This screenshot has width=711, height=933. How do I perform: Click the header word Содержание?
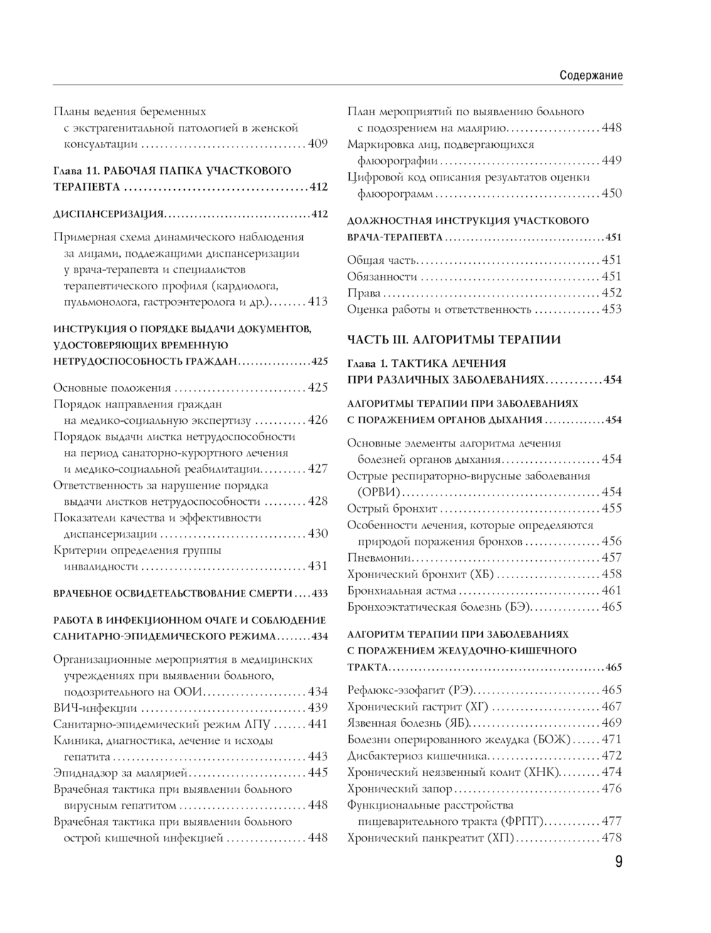tap(591, 75)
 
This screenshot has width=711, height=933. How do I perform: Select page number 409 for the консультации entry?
tap(318, 144)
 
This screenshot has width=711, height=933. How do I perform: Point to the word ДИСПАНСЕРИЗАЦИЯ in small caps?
tap(108, 215)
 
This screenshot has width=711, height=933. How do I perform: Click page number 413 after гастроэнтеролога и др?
tap(318, 302)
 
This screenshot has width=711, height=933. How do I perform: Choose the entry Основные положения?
tap(112, 388)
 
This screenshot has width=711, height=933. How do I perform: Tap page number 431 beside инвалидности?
tap(318, 566)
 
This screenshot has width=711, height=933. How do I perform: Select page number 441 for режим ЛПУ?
tap(318, 724)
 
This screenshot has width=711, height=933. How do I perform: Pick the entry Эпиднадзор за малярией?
tap(120, 773)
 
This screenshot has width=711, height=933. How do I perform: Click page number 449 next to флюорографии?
tap(611, 161)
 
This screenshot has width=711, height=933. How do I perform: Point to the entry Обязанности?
tap(382, 277)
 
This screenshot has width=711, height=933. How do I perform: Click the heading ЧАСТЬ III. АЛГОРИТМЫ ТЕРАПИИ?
tap(454, 340)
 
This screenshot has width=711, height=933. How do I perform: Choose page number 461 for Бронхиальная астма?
tap(611, 590)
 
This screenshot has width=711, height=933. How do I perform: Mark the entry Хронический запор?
tap(400, 789)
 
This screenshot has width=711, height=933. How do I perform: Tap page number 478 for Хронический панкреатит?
tap(611, 838)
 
